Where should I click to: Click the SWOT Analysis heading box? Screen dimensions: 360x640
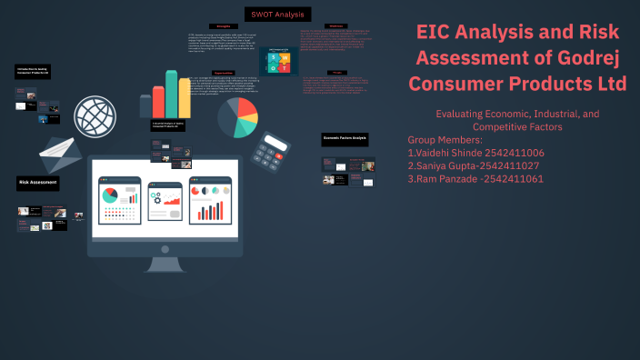point(277,15)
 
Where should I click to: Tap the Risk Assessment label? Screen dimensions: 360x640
point(39,183)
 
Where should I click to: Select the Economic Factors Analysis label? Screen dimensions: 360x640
point(345,138)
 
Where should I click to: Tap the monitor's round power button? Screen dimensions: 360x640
point(164,247)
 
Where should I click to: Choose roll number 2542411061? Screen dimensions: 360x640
point(513,179)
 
